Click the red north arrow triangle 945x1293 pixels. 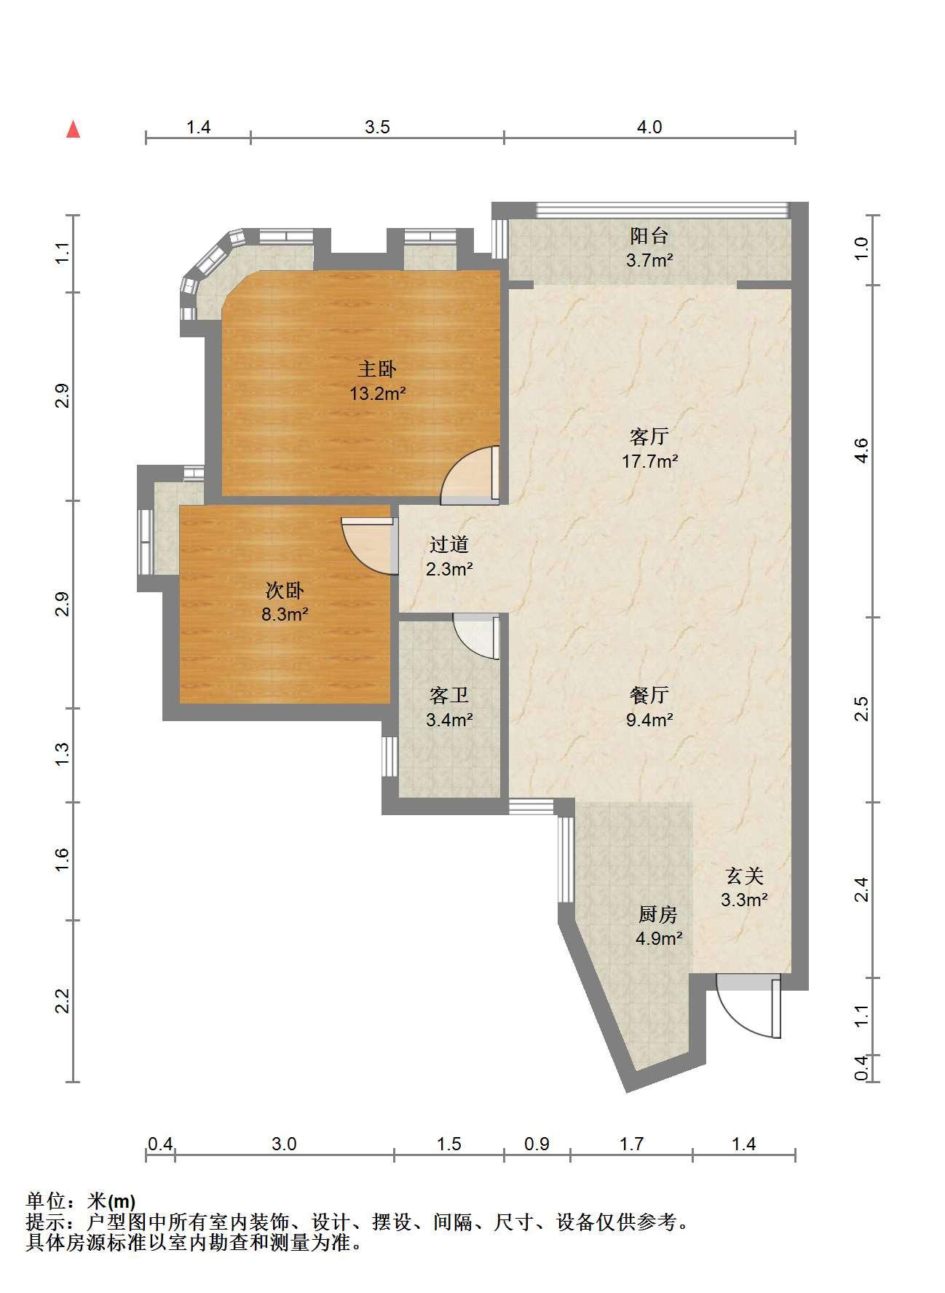point(73,130)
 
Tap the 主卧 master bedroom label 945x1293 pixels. point(377,369)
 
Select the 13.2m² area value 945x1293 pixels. point(377,394)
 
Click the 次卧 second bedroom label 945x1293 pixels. point(285,590)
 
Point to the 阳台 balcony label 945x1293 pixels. point(649,236)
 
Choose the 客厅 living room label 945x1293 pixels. point(649,437)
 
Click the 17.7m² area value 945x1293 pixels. point(650,461)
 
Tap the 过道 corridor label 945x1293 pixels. point(449,544)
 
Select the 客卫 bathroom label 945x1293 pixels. point(449,696)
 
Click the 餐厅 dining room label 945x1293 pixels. point(649,695)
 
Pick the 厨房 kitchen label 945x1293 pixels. point(658,914)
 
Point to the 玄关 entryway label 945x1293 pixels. point(745,876)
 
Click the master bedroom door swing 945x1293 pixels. point(470,475)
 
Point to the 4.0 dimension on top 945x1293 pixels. point(650,127)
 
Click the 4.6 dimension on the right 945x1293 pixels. point(861,450)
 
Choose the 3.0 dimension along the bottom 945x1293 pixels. point(284,1144)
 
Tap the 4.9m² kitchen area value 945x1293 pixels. point(659,938)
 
